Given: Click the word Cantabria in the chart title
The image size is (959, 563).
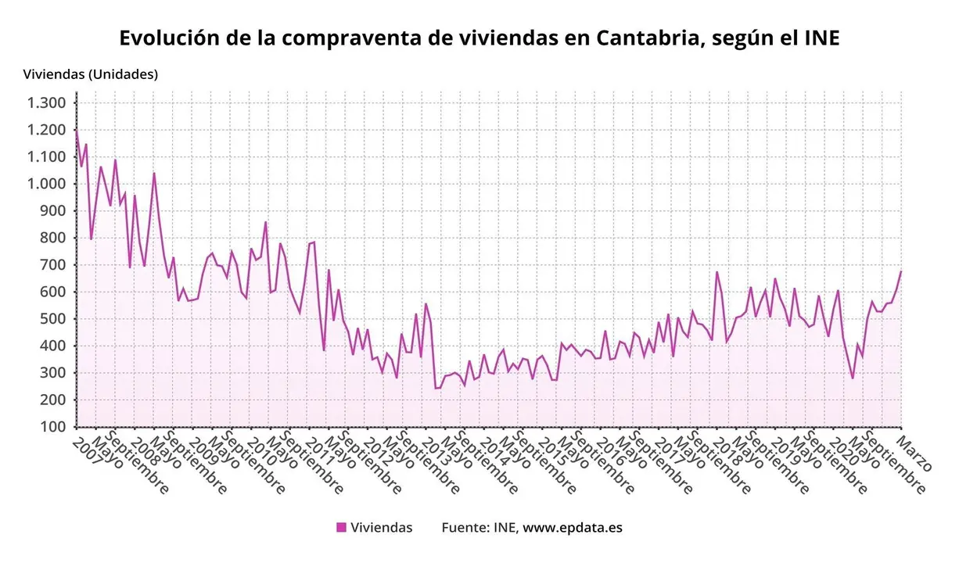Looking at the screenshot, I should pyautogui.click(x=645, y=38).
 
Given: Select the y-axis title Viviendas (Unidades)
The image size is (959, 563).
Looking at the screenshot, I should pyautogui.click(x=91, y=74).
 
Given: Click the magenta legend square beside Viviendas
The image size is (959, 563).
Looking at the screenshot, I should pyautogui.click(x=341, y=527).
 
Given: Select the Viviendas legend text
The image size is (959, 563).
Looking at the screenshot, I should pyautogui.click(x=381, y=527).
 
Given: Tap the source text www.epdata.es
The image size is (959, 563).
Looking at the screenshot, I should pyautogui.click(x=573, y=527).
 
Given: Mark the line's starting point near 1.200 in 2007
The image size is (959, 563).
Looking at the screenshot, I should pyautogui.click(x=77, y=131).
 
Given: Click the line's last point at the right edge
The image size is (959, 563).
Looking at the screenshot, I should pyautogui.click(x=901, y=271).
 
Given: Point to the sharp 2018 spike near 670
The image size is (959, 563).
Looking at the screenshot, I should pyautogui.click(x=717, y=272).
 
